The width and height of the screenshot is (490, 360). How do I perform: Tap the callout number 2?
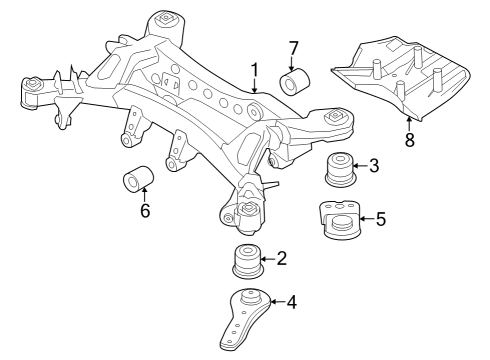pyautogui.click(x=282, y=259)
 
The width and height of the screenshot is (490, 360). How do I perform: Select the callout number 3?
pyautogui.click(x=374, y=165)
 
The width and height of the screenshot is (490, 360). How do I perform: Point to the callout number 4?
pyautogui.click(x=291, y=300)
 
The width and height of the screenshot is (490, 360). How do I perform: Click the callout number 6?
pyautogui.click(x=146, y=212)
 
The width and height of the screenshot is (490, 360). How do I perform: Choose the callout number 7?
pyautogui.click(x=293, y=47)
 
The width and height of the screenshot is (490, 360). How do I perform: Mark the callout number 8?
pyautogui.click(x=409, y=139)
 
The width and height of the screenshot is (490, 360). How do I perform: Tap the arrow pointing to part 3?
pyautogui.click(x=360, y=165)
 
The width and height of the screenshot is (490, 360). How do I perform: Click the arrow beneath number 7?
pyautogui.click(x=293, y=62)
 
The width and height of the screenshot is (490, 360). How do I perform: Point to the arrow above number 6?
pyautogui.click(x=145, y=195)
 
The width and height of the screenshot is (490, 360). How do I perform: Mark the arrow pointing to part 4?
pyautogui.click(x=276, y=300)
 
